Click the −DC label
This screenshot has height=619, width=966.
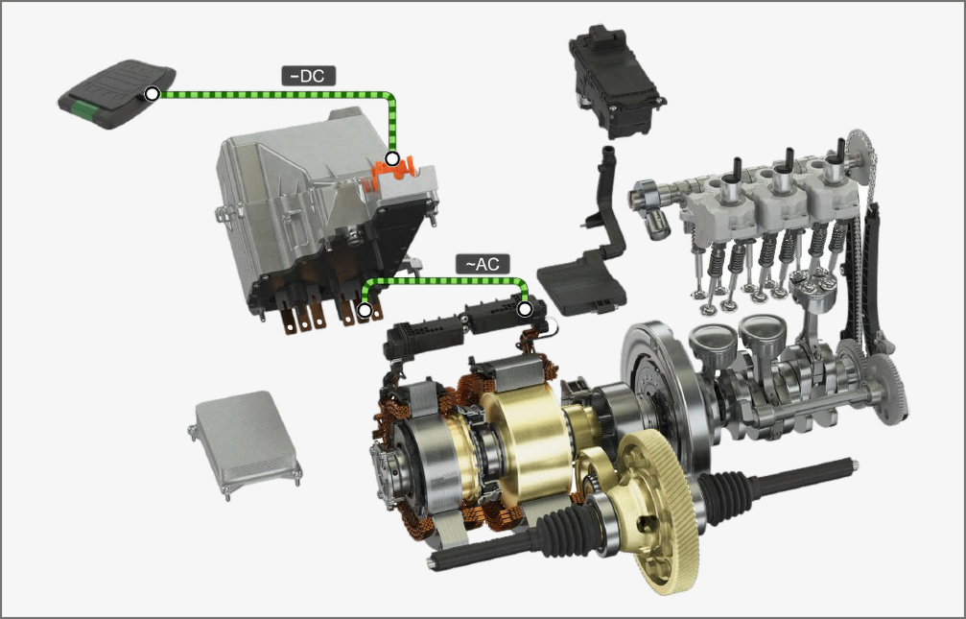click(x=309, y=76)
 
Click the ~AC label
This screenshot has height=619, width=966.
click(x=483, y=264)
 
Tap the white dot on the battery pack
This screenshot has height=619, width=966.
click(x=152, y=94)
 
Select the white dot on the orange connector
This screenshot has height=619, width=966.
click(x=391, y=158)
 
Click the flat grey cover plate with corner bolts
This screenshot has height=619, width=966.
click(x=246, y=444)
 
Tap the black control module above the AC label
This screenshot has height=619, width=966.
click(x=616, y=82)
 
